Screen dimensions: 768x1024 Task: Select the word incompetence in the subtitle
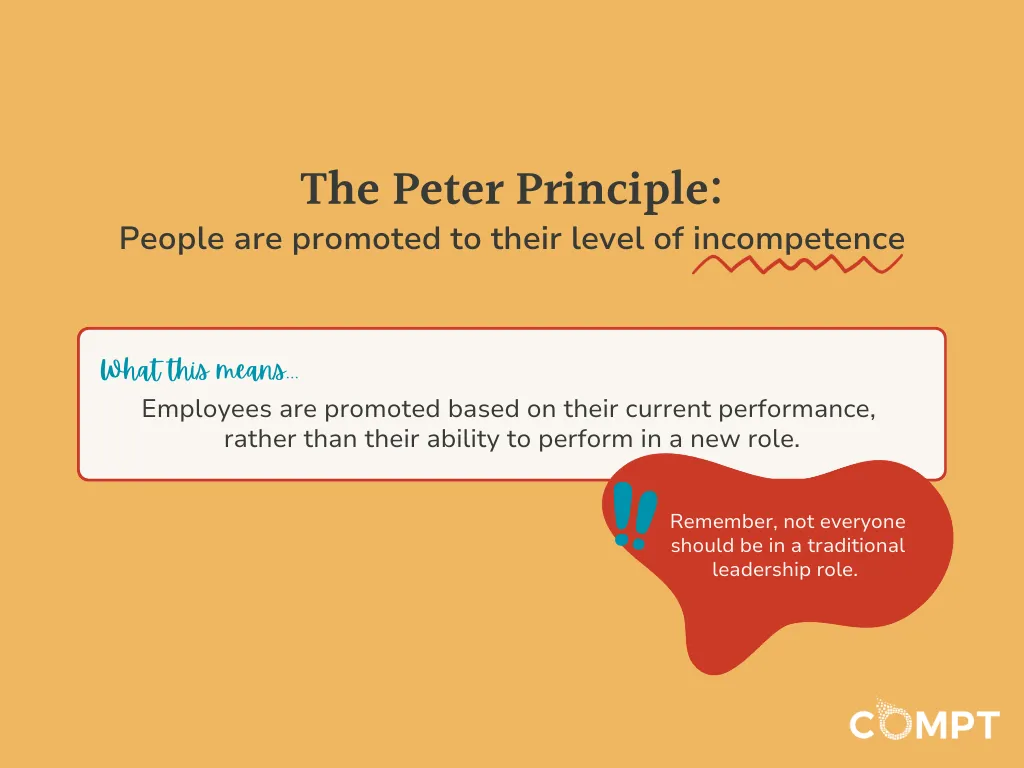pos(798,240)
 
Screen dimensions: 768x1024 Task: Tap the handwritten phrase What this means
pos(198,371)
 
